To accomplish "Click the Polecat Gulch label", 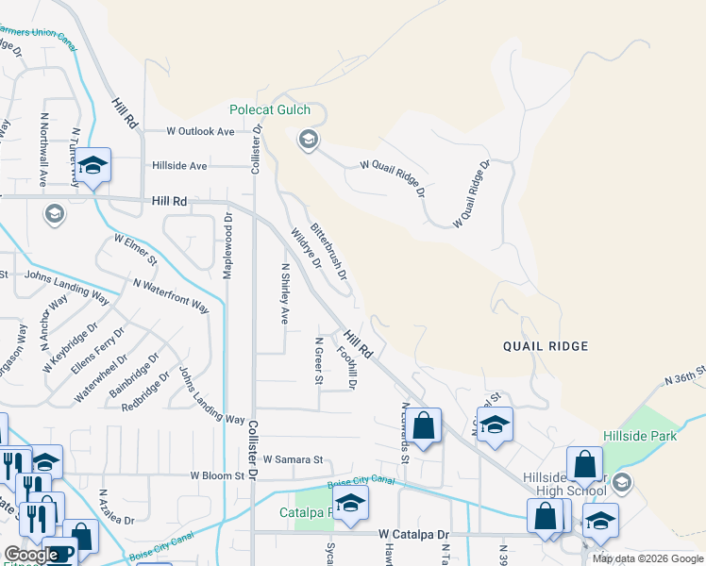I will [x=270, y=110].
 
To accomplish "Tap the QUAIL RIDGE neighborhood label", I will [x=546, y=346].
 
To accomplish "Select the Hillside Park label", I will [x=639, y=436].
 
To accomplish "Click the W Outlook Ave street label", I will [x=200, y=132].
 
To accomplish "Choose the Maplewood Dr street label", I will [x=227, y=245].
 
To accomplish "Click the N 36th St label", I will [x=685, y=375].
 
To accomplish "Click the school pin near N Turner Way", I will [x=93, y=167].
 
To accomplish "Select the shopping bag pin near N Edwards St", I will [x=425, y=426].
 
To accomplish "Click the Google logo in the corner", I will [x=31, y=555].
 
